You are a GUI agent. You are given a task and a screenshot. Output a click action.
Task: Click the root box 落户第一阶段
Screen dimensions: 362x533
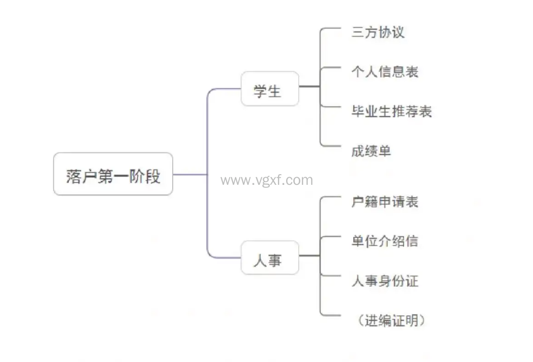point(113,174)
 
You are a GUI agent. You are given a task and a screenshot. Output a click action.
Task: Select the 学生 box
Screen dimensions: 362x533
point(269,89)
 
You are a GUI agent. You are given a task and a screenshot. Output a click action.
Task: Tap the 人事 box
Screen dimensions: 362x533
point(269,258)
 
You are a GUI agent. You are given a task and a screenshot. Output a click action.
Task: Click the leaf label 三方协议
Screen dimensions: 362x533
point(378,32)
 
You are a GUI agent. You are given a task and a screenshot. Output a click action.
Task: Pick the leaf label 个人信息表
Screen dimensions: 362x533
point(384,71)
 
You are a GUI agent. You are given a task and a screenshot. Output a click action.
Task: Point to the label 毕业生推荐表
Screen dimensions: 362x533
point(391,111)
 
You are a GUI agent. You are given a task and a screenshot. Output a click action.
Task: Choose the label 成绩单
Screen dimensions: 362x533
point(371,151)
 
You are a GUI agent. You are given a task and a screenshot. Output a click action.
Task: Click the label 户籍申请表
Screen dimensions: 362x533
point(384,202)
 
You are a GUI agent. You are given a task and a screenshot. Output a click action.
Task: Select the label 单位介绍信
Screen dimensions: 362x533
point(384,241)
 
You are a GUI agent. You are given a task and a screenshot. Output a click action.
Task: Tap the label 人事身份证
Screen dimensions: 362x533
point(384,281)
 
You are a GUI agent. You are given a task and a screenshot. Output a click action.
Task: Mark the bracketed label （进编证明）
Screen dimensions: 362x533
point(391,320)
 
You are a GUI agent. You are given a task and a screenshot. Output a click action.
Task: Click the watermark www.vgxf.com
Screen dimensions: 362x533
point(267,180)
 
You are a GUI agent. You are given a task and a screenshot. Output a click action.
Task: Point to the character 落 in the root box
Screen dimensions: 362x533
point(72,176)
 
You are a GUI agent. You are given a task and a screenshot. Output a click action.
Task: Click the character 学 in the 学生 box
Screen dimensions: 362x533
point(261,91)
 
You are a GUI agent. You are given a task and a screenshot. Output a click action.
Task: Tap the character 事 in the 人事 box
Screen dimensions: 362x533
point(275,260)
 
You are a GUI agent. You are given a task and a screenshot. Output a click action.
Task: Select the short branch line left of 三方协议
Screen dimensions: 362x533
point(331,28)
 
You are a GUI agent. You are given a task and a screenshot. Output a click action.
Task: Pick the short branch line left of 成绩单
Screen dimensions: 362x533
point(331,146)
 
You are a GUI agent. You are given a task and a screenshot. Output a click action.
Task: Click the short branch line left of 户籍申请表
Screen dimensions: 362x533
point(331,197)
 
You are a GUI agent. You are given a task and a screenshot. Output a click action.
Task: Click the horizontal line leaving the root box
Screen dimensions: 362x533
point(189,175)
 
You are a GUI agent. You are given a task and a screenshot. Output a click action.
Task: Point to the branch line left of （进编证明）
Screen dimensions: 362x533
point(331,316)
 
